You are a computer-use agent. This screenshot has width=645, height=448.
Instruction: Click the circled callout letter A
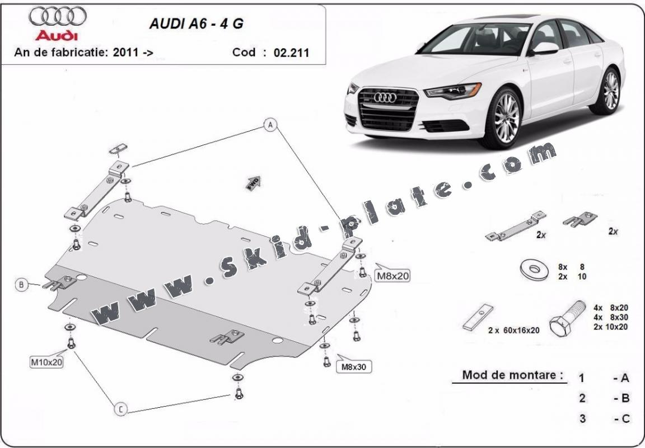tap(270, 125)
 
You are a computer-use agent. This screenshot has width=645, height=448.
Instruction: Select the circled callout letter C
tap(120, 410)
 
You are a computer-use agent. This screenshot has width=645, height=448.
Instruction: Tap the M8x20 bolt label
tap(392, 275)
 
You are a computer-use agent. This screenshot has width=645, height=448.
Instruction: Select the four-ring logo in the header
tap(57, 17)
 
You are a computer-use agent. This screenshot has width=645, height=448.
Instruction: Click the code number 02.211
tap(291, 53)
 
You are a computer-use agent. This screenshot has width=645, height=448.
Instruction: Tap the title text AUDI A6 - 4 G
tap(195, 25)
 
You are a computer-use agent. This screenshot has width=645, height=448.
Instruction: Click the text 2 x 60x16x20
tap(513, 330)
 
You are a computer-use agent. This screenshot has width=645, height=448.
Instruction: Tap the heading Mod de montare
tap(512, 375)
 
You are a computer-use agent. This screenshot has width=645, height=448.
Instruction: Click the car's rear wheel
tap(611, 91)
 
